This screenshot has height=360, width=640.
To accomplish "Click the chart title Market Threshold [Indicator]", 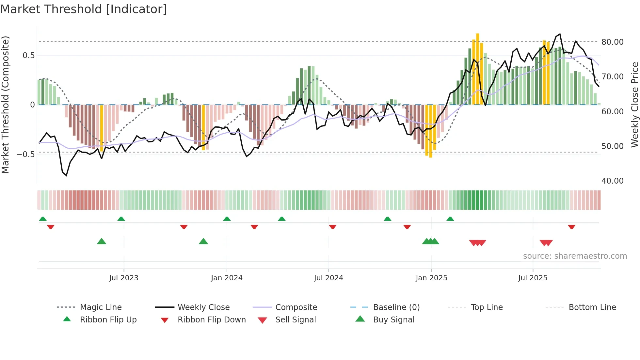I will [84, 9].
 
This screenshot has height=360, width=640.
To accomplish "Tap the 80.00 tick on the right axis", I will [612, 42].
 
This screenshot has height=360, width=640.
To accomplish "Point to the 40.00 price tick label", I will [612, 181].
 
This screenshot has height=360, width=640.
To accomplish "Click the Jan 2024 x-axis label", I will [227, 278].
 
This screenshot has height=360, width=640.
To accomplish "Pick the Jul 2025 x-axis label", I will [533, 278].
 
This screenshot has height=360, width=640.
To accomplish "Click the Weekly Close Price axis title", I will [634, 105].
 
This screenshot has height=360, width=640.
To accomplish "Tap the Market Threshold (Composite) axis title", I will [5, 105].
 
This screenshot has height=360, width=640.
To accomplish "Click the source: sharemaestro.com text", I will [575, 256].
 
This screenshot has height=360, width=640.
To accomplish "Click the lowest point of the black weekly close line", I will [66, 175].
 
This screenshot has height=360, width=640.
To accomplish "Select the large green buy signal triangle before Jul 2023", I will [102, 241].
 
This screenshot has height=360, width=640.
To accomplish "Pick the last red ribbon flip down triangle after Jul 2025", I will [571, 227].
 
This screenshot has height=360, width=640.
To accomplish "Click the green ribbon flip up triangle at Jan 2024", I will [227, 219].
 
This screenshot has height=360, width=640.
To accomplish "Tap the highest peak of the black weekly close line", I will [560, 34].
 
